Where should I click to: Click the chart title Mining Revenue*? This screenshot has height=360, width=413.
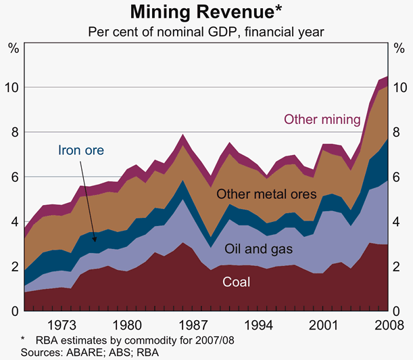pyautogui.click(x=206, y=12)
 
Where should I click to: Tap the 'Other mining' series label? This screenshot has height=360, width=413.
pyautogui.click(x=322, y=120)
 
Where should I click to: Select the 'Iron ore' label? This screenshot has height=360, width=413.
pyautogui.click(x=80, y=150)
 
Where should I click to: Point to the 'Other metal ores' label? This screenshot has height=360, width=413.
pyautogui.click(x=266, y=195)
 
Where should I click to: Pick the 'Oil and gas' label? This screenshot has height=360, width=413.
pyautogui.click(x=258, y=249)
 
